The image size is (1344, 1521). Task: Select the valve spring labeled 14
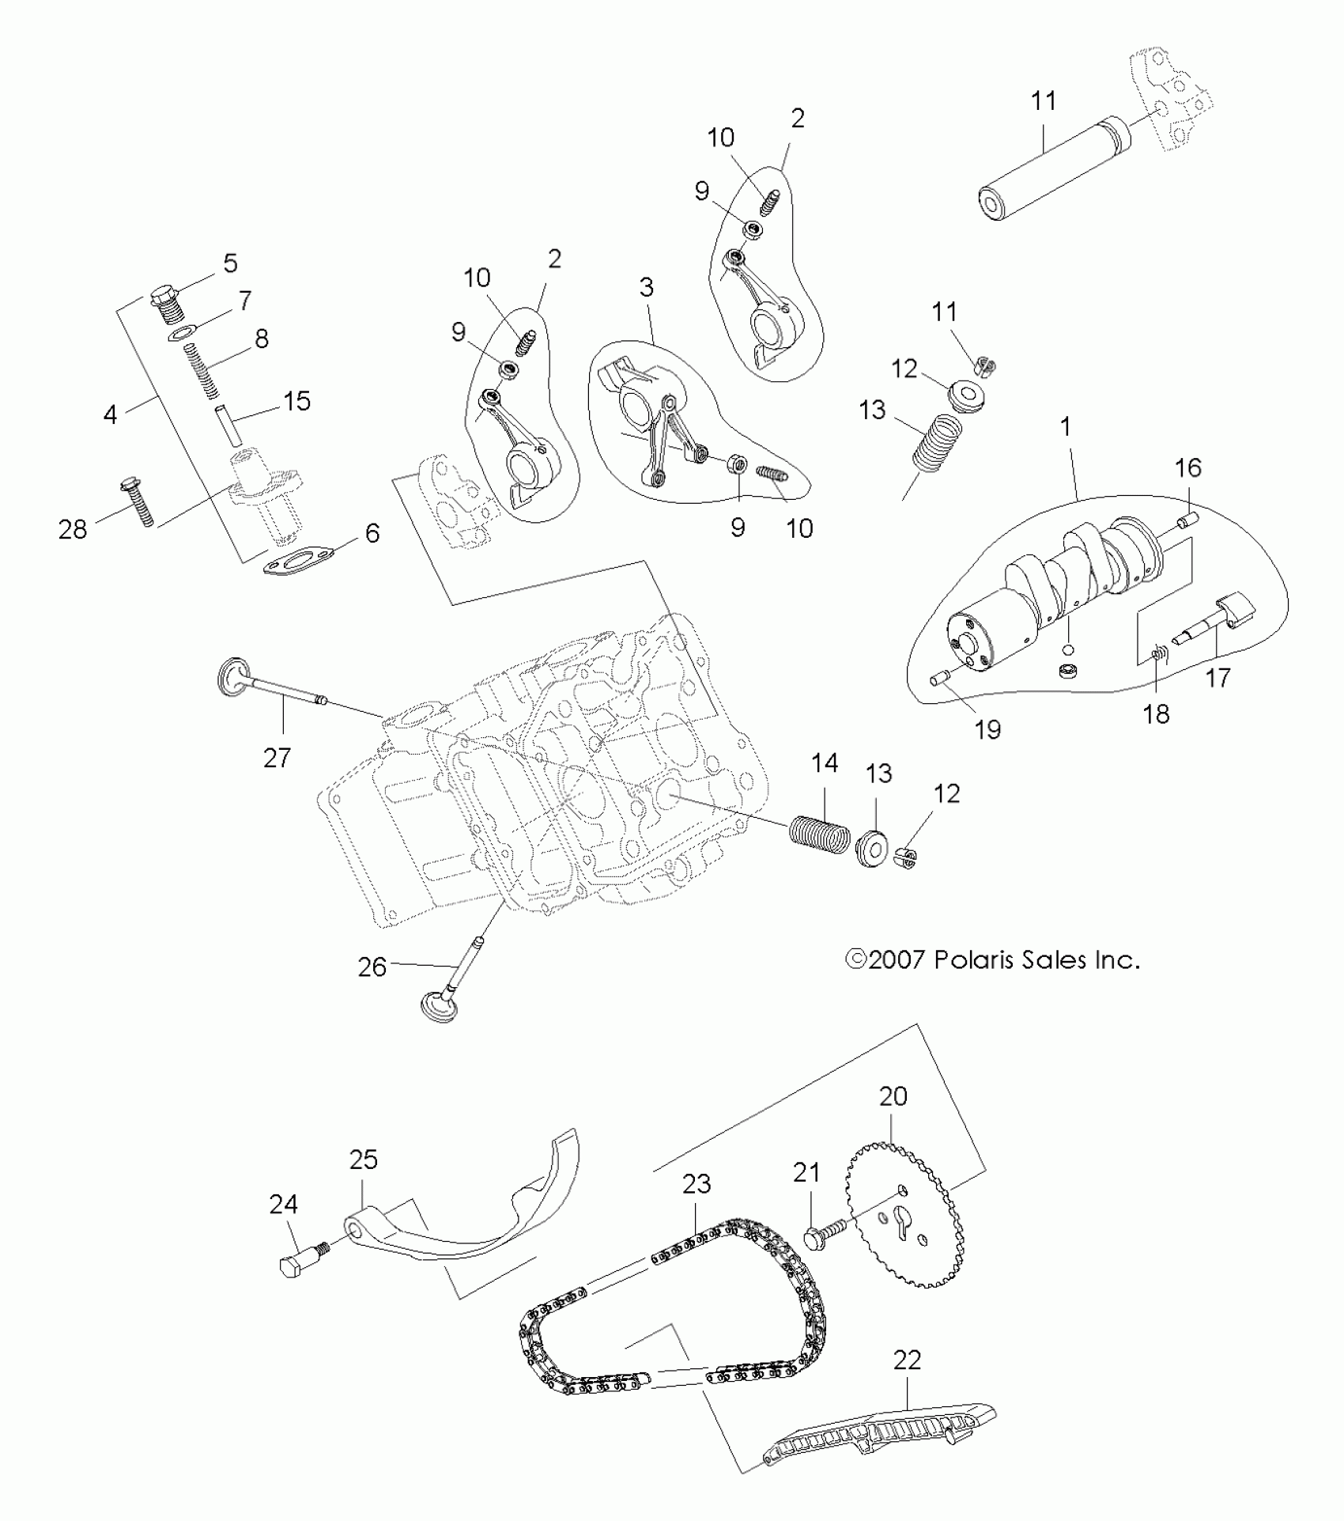[x=819, y=832]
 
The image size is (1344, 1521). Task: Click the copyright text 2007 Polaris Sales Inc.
[x=993, y=960]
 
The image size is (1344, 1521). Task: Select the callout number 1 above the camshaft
[x=1065, y=427]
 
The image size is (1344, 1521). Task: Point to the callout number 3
[x=647, y=287]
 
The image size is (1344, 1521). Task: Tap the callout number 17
[x=1218, y=678]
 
